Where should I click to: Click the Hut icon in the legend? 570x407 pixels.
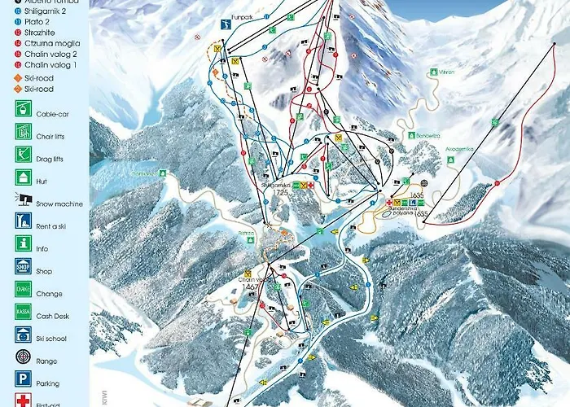(22, 176)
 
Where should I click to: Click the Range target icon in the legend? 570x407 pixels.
(22, 356)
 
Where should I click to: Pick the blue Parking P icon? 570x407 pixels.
(22, 379)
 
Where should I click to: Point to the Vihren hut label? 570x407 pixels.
(443, 72)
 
